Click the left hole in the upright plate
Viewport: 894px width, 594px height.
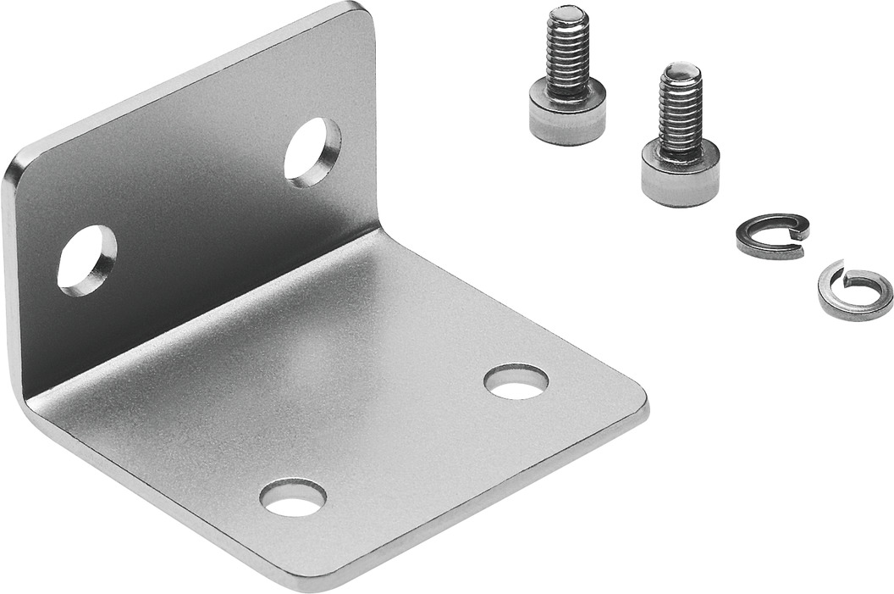(86, 259)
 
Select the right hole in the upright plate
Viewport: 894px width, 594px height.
(312, 152)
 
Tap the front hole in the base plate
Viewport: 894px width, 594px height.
(292, 497)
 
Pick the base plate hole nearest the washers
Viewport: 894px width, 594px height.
(516, 381)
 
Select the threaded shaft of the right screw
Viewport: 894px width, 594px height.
(681, 113)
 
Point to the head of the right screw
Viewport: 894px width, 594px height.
(680, 177)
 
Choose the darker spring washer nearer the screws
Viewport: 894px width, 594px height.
(771, 236)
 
